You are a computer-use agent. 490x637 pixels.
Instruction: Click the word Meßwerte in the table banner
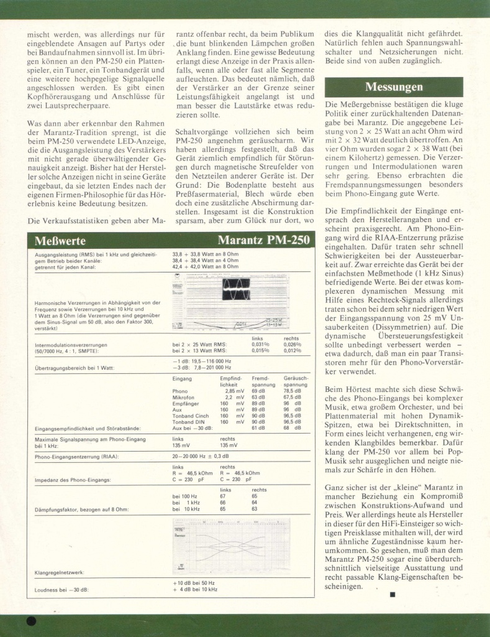pyautogui.click(x=61, y=241)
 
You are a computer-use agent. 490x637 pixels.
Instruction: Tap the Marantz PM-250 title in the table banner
pyautogui.click(x=263, y=241)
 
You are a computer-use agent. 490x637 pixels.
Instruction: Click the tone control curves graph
pyautogui.click(x=231, y=546)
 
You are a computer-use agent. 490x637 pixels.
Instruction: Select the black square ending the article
pyautogui.click(x=392, y=595)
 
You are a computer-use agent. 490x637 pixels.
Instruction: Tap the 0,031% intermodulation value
pyautogui.click(x=260, y=344)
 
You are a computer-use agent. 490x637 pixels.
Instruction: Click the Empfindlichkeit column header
pyautogui.click(x=231, y=381)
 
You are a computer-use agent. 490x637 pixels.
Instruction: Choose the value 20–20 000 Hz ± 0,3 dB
pyautogui.click(x=206, y=457)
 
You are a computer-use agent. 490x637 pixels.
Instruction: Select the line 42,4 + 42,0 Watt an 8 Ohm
pyautogui.click(x=206, y=266)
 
